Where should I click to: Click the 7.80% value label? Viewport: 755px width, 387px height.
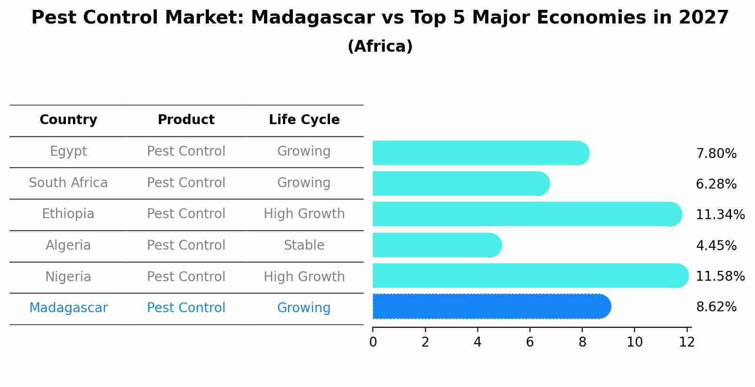pyautogui.click(x=716, y=154)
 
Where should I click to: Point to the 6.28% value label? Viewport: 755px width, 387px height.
pyautogui.click(x=716, y=184)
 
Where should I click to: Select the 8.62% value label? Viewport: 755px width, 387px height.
pyautogui.click(x=716, y=307)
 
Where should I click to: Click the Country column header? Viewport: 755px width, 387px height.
pyautogui.click(x=68, y=120)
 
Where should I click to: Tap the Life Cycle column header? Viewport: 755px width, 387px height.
pyautogui.click(x=304, y=120)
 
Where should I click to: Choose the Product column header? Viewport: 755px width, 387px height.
pyautogui.click(x=186, y=120)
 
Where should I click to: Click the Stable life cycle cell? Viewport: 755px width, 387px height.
pyautogui.click(x=304, y=245)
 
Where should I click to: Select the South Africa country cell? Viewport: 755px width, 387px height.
pyautogui.click(x=68, y=183)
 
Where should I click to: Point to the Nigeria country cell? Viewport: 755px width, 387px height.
pyautogui.click(x=68, y=277)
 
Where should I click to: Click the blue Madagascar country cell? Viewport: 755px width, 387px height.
pyautogui.click(x=68, y=308)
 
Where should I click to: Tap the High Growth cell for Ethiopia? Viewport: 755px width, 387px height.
pyautogui.click(x=304, y=214)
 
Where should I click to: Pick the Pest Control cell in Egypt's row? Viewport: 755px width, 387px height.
pyautogui.click(x=186, y=151)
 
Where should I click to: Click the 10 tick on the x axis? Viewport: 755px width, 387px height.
pyautogui.click(x=635, y=342)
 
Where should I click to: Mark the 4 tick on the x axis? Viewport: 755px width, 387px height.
pyautogui.click(x=477, y=342)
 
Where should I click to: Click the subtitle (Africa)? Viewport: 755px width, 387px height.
pyautogui.click(x=380, y=47)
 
